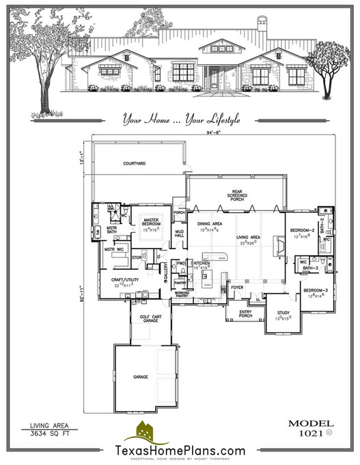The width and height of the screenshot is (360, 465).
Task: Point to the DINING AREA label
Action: tap(209, 223)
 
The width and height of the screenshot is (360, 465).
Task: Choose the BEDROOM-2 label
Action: tap(302, 230)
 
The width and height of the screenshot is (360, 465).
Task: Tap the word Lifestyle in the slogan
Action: tap(217, 119)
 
